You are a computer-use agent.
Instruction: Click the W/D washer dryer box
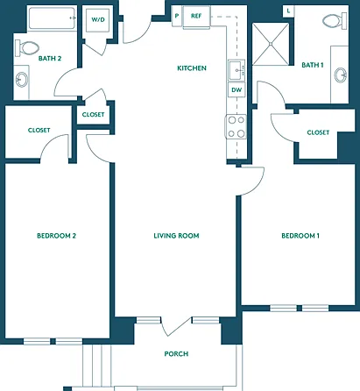[x=98, y=20]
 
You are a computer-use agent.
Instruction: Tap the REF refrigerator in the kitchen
[x=196, y=17]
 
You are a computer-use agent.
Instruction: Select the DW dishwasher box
[x=236, y=89]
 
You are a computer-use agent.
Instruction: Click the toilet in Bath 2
[x=27, y=48]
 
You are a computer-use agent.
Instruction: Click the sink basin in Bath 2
[x=22, y=79]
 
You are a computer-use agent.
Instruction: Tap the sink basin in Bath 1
[x=341, y=75]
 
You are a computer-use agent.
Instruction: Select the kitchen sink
[x=236, y=70]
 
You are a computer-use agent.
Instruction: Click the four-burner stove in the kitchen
[x=236, y=127]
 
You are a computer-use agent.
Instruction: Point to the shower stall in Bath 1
[x=271, y=44]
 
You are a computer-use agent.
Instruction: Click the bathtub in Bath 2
[x=52, y=18]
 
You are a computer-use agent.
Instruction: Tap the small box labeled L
[x=288, y=11]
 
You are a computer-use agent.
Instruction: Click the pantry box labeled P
[x=177, y=16]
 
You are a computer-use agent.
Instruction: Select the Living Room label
[x=176, y=236]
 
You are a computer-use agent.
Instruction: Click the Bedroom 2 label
[x=56, y=236]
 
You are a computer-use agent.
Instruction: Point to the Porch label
[x=176, y=354]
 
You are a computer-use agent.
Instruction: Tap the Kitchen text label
[x=192, y=68]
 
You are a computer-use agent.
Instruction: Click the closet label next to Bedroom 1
[x=318, y=132]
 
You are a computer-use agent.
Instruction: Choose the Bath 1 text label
[x=313, y=65]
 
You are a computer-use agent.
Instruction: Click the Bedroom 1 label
[x=300, y=236]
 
